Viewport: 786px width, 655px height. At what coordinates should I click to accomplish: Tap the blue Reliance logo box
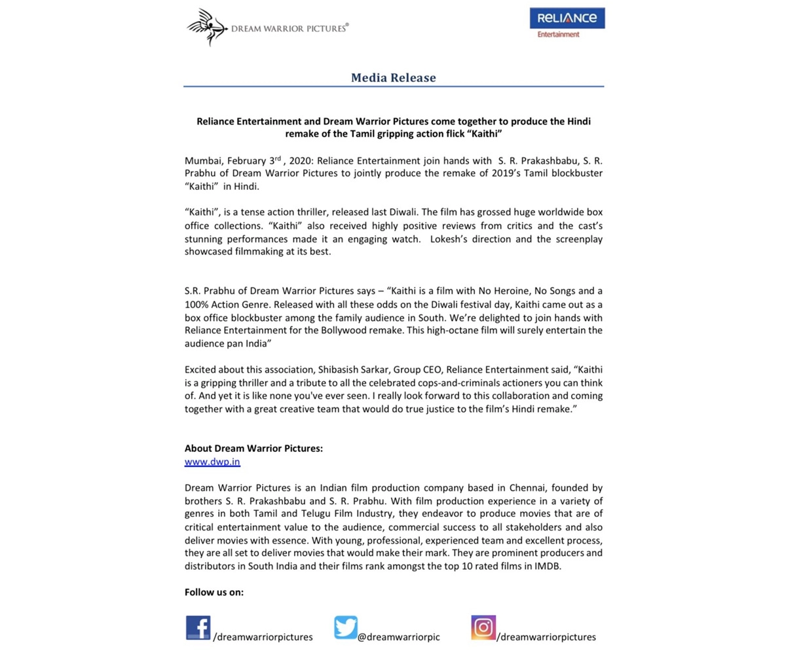click(567, 18)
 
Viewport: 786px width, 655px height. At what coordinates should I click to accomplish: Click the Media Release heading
click(393, 77)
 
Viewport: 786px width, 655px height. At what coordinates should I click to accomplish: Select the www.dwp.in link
click(212, 462)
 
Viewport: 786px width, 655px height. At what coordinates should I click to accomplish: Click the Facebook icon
click(198, 627)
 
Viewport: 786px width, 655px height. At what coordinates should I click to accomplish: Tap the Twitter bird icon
click(345, 627)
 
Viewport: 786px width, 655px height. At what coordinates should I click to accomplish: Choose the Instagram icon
click(483, 627)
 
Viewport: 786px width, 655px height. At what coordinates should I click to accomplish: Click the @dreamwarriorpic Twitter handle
click(398, 637)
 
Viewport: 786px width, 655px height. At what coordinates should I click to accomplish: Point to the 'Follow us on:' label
click(214, 592)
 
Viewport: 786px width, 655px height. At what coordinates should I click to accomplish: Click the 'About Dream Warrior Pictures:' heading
click(253, 449)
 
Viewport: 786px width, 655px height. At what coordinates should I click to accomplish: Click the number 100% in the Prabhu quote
click(195, 305)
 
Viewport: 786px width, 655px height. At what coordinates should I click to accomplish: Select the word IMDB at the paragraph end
click(548, 566)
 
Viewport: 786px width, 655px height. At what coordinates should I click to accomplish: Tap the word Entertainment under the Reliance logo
click(558, 35)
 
